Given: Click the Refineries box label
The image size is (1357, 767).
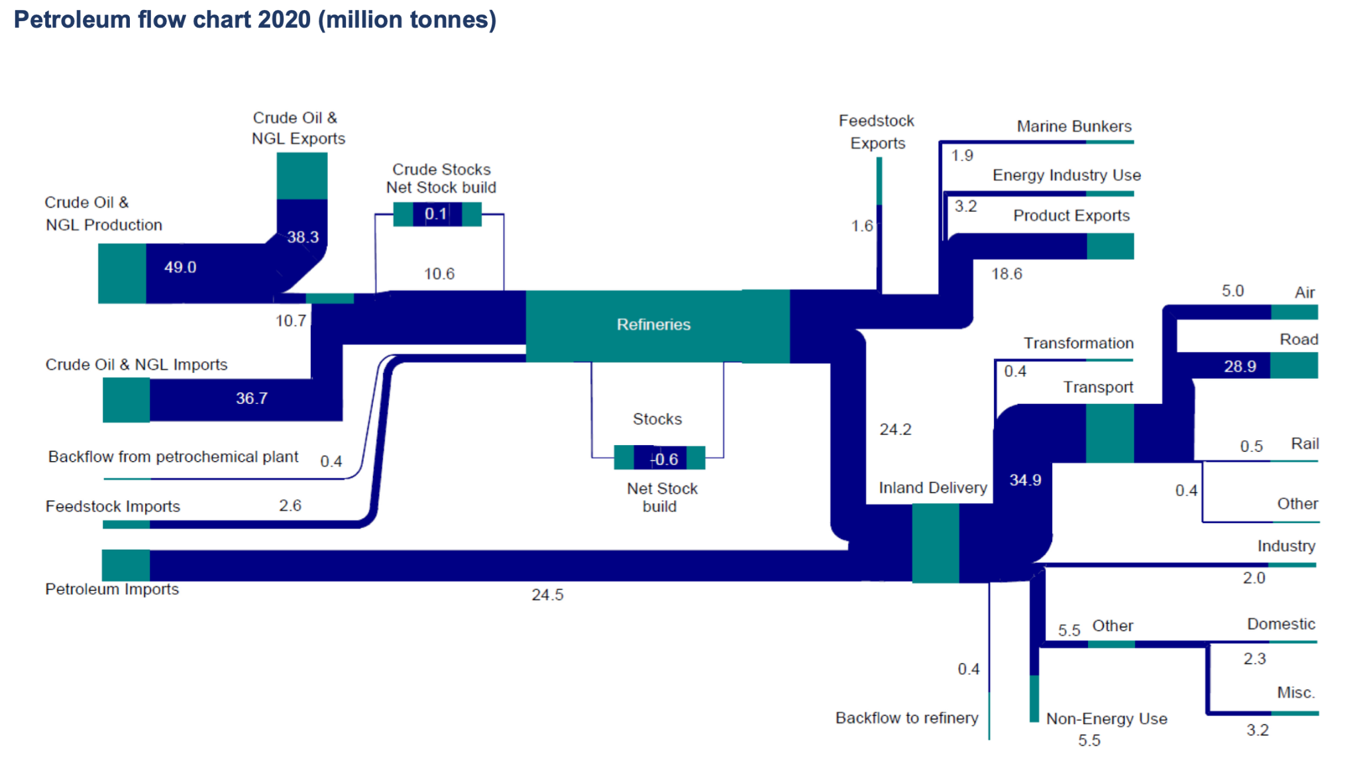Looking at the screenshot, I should (x=653, y=325).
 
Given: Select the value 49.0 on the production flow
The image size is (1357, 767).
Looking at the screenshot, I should (x=180, y=268).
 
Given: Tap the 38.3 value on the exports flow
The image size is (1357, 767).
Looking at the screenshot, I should (x=303, y=237).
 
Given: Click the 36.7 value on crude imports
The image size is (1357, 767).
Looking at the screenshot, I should (x=252, y=399).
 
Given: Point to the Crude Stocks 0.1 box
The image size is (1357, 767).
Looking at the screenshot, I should (x=437, y=214).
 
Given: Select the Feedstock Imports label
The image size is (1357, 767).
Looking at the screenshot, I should (x=113, y=507).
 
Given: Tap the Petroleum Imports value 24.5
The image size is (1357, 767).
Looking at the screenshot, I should (x=547, y=595).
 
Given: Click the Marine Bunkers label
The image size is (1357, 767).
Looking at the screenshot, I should (x=1073, y=127).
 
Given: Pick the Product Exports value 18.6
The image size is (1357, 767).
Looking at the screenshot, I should (x=1006, y=274).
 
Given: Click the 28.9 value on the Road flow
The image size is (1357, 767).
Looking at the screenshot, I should (x=1240, y=367).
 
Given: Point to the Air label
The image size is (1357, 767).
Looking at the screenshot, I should (x=1304, y=293).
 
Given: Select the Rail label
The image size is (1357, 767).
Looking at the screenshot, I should (x=1304, y=444).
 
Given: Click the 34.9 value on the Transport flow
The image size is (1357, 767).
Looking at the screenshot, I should (x=1025, y=480).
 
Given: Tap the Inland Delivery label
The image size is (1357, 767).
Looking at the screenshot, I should (x=932, y=488).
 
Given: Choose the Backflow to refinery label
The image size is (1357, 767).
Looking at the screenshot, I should (x=906, y=718).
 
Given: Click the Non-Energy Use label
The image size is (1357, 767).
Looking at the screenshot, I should (x=1106, y=719).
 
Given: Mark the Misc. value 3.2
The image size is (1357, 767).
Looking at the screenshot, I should (x=1257, y=731).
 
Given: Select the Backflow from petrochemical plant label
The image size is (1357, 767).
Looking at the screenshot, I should (x=173, y=457).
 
